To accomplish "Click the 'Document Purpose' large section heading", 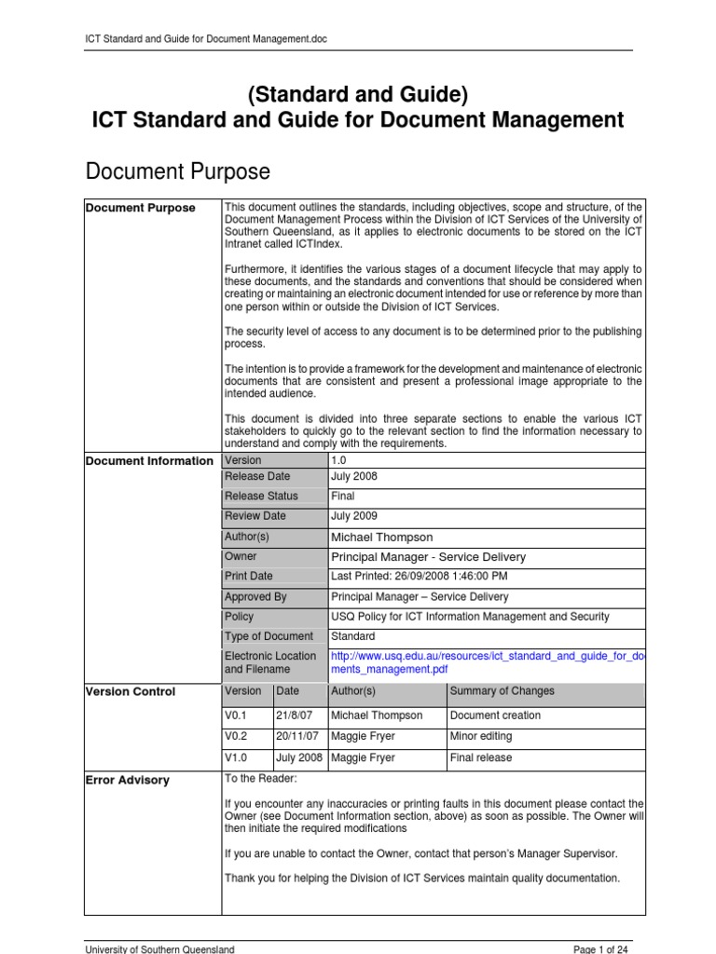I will [x=177, y=171].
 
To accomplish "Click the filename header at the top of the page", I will [x=205, y=38].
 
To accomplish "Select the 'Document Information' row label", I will [x=149, y=461].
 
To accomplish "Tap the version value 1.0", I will [x=339, y=460].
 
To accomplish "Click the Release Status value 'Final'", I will [x=343, y=496].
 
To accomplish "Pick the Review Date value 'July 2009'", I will [x=354, y=516].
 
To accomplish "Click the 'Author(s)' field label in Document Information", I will [x=247, y=537].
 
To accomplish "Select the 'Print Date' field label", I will [x=249, y=577].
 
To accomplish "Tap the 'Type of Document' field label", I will [x=268, y=637].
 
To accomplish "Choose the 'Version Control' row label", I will [x=130, y=692].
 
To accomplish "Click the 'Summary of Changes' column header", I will [x=502, y=691].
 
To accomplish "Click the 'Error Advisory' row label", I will [x=127, y=781].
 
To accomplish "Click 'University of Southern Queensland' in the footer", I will [x=159, y=948].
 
